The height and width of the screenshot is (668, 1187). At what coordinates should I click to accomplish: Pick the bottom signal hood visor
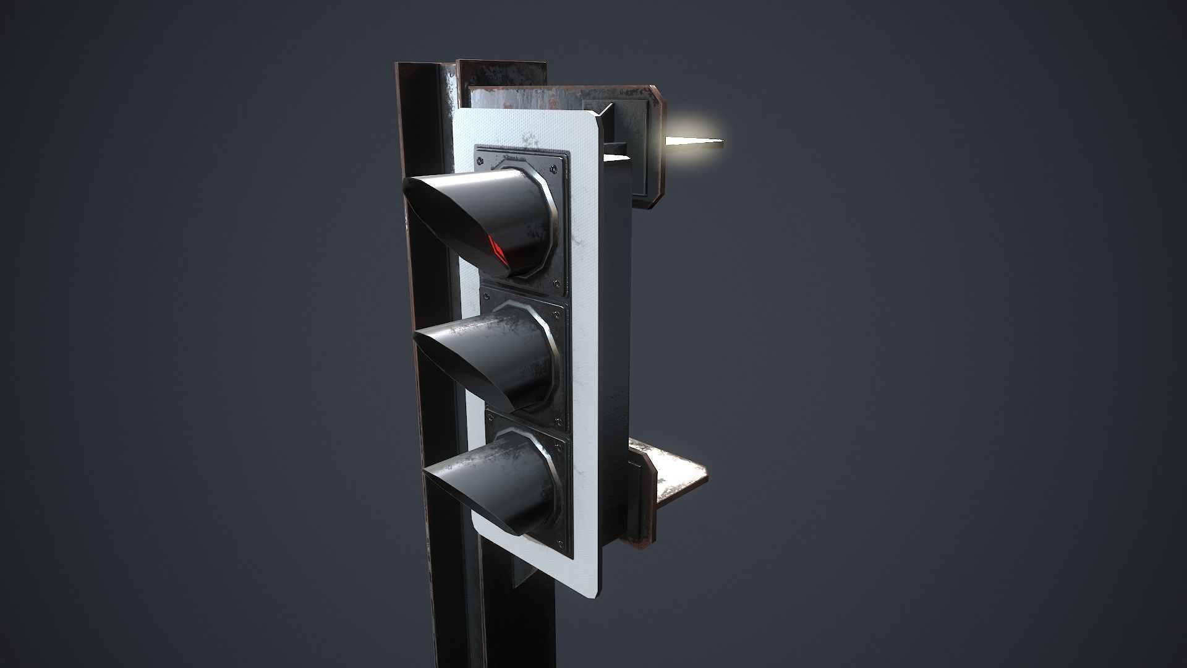point(482,489)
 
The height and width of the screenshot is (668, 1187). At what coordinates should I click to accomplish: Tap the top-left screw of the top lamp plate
point(480,156)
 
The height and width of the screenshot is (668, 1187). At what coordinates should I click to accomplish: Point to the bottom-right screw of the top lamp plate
point(559,284)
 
